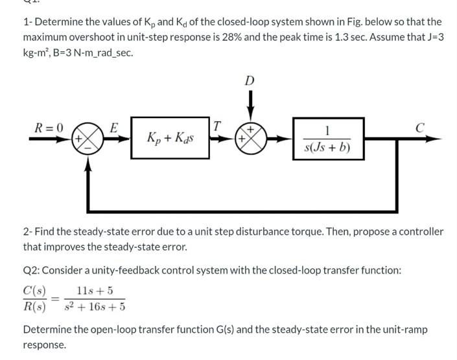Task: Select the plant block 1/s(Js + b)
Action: [327, 138]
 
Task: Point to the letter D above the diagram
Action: [250, 80]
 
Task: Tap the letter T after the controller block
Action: [218, 125]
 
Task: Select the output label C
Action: [419, 126]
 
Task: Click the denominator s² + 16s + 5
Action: [97, 307]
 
